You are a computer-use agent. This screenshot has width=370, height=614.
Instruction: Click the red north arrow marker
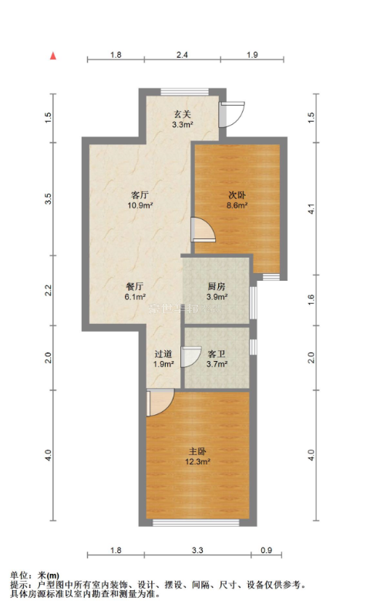53,56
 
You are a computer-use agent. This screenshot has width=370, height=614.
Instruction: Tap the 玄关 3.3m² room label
182,120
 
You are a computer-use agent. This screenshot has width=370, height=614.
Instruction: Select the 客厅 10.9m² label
140,200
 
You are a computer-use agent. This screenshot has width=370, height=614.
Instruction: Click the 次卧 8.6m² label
237,200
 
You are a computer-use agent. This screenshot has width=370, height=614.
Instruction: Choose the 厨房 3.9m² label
217,292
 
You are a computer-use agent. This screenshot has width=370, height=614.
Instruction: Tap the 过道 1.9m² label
163,359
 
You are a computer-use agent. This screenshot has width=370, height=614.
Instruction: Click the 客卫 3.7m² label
217,359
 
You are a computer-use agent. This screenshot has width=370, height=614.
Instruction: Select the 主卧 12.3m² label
197,457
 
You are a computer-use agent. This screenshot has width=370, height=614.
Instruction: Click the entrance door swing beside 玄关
232,114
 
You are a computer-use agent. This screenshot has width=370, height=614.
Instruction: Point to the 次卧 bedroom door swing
203,229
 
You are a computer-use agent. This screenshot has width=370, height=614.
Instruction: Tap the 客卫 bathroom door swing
191,357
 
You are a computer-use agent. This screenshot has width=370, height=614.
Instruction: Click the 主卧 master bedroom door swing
160,403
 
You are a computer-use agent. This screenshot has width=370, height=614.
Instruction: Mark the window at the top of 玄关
184,92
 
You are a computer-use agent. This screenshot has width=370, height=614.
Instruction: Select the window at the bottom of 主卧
196,522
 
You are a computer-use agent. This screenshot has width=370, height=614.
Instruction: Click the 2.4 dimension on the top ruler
182,55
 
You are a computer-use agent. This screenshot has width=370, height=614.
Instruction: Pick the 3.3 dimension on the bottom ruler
197,550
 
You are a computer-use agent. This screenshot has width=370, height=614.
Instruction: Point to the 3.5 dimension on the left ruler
48,199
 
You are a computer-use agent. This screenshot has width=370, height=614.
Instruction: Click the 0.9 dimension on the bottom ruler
267,550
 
